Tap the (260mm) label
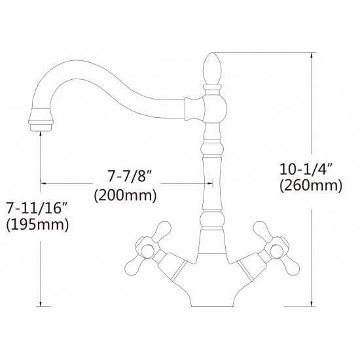click(x=311, y=185)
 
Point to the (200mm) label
click(x=126, y=196)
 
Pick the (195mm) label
click(x=37, y=225)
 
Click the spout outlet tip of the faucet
click(x=41, y=128)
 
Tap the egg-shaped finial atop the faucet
click(x=212, y=69)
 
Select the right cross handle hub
click(x=277, y=251)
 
